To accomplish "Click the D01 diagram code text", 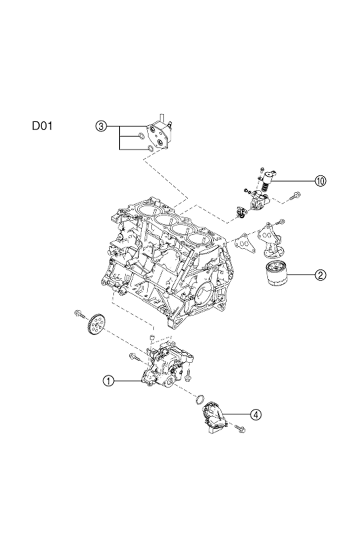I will pos(42,126).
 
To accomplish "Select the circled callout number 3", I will pos(101,126).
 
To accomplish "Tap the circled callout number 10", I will pos(321,181).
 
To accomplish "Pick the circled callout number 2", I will pos(321,274).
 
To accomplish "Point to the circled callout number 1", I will pos(108,380).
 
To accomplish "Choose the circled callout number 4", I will pos(255,414).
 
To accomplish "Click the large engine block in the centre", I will pos(168,258).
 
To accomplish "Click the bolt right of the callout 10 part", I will pos(296,196).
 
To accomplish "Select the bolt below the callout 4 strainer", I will pos(240,429).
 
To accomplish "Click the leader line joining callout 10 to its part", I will pos(292,181).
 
